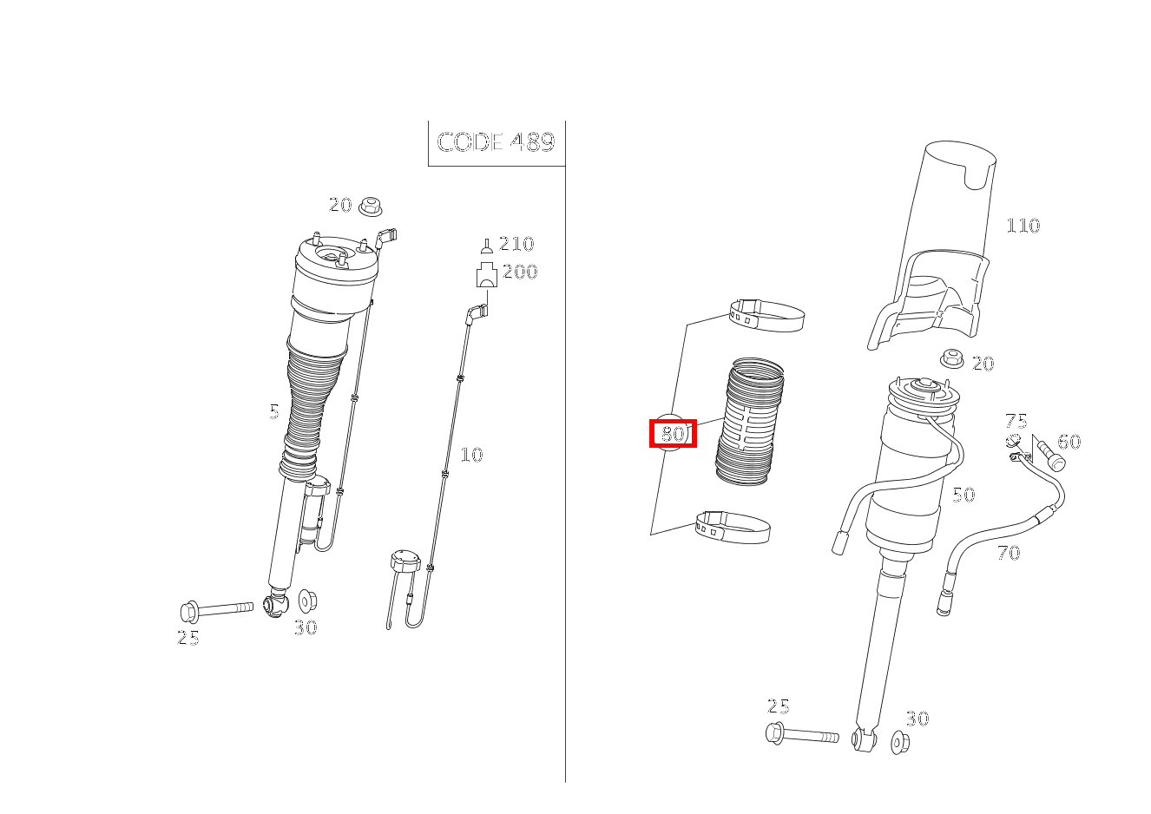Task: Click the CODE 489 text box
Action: [497, 143]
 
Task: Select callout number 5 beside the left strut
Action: [274, 411]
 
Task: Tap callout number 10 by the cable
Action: [471, 455]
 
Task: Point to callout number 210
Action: [516, 244]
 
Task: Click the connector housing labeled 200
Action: [486, 275]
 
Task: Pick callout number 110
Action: [1023, 226]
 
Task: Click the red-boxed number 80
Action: [673, 434]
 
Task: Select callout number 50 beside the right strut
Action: [964, 495]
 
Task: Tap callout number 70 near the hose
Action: [1008, 553]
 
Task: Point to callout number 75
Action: [1016, 421]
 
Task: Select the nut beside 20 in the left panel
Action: [370, 207]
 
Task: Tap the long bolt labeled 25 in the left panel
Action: [216, 610]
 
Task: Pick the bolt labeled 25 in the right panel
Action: [801, 734]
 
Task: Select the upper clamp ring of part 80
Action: [766, 315]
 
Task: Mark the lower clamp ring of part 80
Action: [733, 527]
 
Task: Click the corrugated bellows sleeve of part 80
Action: [750, 422]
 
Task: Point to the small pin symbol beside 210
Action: [487, 246]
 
